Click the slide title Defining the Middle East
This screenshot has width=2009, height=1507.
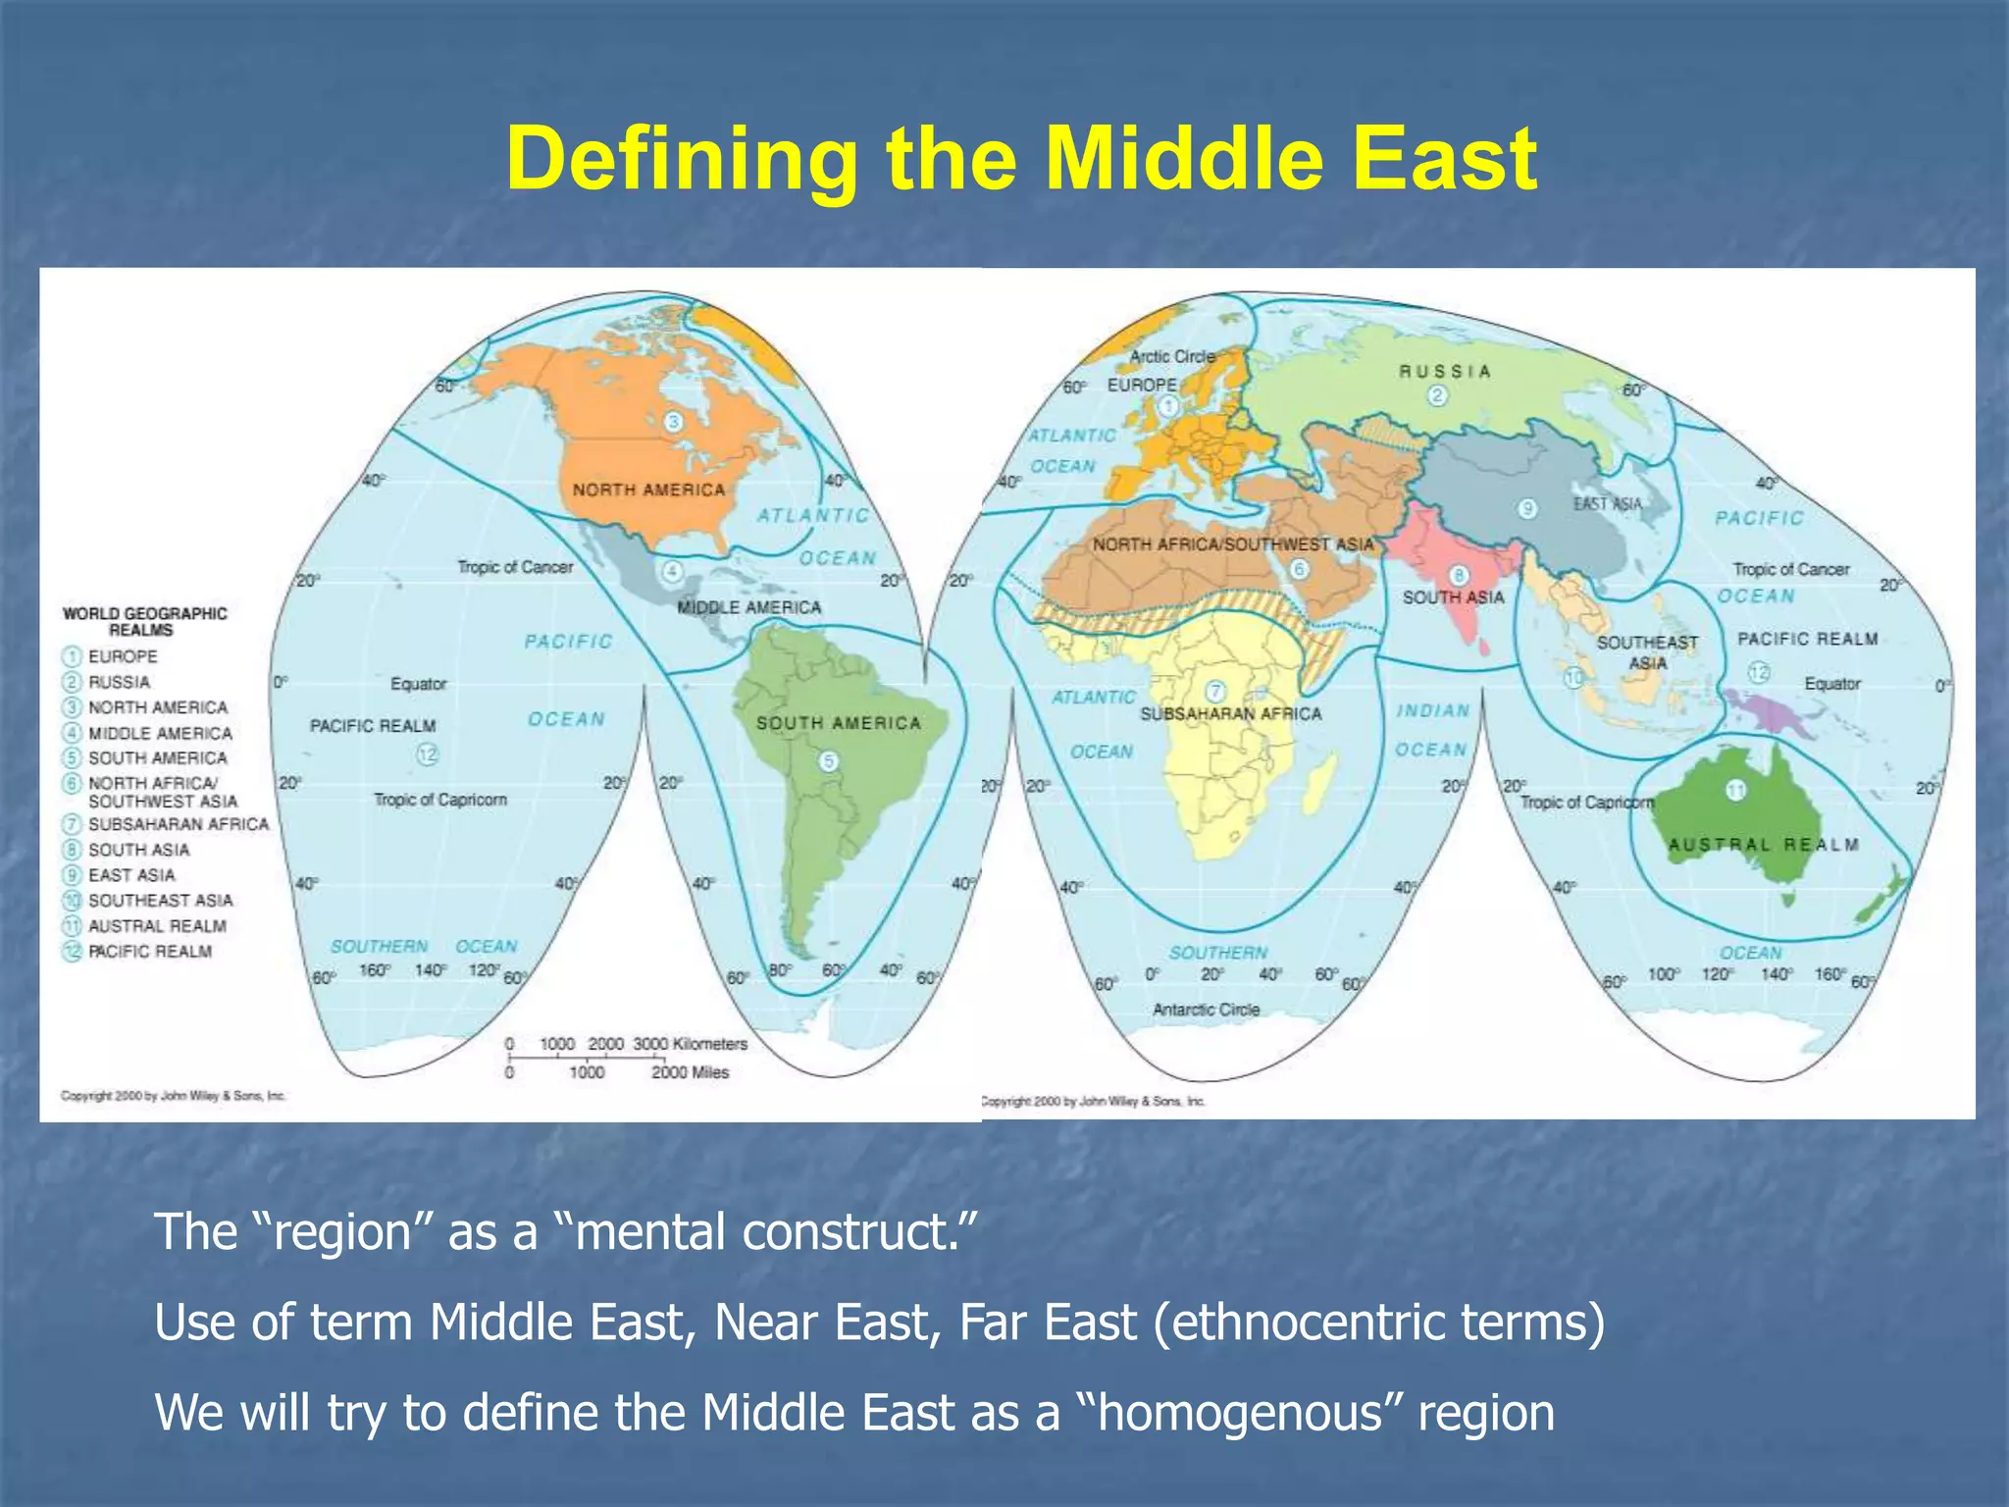pyautogui.click(x=1020, y=159)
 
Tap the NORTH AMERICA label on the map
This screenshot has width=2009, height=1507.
pyautogui.click(x=648, y=490)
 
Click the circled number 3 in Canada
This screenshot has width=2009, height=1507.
pyautogui.click(x=673, y=422)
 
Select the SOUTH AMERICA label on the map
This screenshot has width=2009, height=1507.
pyautogui.click(x=839, y=723)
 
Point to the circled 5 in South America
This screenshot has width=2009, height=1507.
pyautogui.click(x=829, y=761)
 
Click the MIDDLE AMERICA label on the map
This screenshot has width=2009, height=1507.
pyautogui.click(x=748, y=607)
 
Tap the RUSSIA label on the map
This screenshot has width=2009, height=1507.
pyautogui.click(x=1444, y=371)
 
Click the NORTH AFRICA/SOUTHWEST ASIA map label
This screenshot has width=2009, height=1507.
pyautogui.click(x=1233, y=545)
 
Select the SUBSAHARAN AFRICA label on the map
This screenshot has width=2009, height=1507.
pyautogui.click(x=1230, y=714)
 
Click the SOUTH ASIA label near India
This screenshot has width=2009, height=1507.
pyautogui.click(x=1453, y=598)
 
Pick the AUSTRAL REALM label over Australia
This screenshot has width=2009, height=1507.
pyautogui.click(x=1763, y=845)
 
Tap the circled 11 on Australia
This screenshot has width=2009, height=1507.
pyautogui.click(x=1735, y=791)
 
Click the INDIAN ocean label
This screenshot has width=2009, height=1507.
pyautogui.click(x=1432, y=710)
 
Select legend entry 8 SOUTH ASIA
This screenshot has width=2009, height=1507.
pyautogui.click(x=138, y=850)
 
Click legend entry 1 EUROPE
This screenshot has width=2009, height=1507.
pyautogui.click(x=122, y=656)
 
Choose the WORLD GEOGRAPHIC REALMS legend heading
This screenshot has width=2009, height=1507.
pyautogui.click(x=144, y=621)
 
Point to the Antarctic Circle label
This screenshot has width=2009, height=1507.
pyautogui.click(x=1206, y=1010)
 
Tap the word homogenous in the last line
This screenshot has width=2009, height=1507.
pyautogui.click(x=1239, y=1413)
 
